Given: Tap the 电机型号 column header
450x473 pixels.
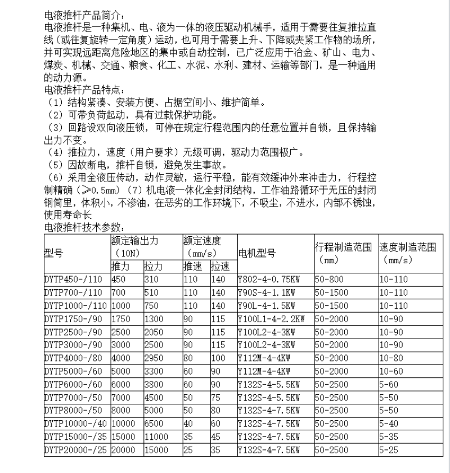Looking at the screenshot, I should click(256, 253).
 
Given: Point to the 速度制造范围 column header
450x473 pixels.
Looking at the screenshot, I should click(408, 247).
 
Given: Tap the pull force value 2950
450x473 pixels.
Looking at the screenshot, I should click(155, 357).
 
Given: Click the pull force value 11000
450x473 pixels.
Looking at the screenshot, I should click(157, 437).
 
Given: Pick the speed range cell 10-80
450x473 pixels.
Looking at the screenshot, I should click(393, 357).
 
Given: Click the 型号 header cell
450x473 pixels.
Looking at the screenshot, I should click(53, 253).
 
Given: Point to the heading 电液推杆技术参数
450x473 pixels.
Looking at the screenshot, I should click(83, 227).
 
